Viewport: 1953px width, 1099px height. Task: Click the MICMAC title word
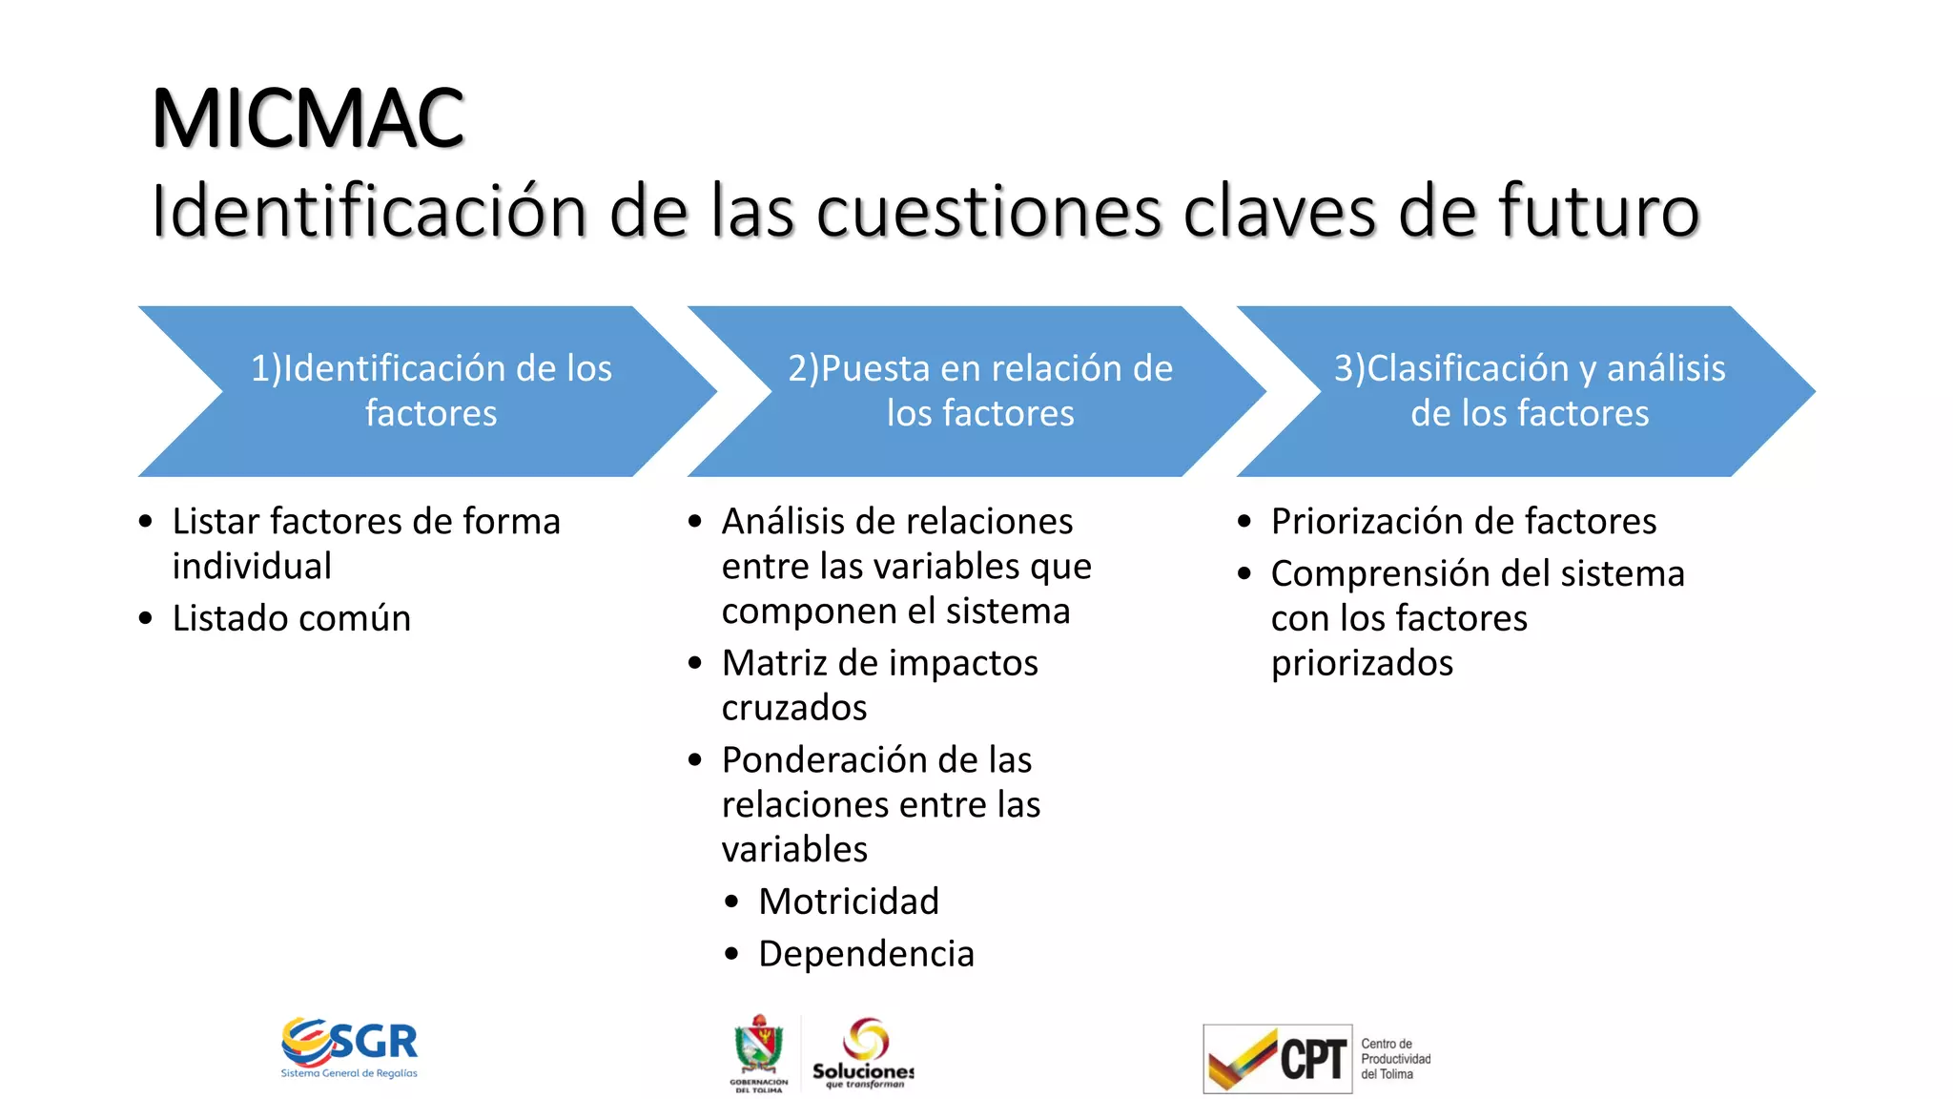tap(307, 118)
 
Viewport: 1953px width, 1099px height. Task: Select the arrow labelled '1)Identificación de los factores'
tap(431, 391)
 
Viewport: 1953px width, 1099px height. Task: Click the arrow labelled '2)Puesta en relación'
tap(979, 391)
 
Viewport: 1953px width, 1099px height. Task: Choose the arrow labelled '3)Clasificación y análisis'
tap(1529, 391)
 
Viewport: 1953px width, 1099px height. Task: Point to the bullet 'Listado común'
tap(291, 618)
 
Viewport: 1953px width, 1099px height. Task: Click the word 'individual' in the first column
tap(252, 567)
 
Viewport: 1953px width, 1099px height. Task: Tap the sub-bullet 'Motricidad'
tap(849, 902)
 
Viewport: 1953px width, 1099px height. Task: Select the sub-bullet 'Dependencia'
tap(866, 954)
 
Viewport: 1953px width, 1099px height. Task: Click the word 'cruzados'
tap(794, 708)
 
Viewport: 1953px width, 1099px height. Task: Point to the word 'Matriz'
tap(773, 663)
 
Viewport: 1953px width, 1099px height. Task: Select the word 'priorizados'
tap(1362, 663)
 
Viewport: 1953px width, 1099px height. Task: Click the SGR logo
tap(350, 1046)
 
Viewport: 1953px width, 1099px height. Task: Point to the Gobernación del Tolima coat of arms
tap(759, 1047)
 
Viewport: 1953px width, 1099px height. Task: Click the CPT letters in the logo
tap(1312, 1059)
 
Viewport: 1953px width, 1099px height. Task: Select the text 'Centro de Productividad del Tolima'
tap(1395, 1059)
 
